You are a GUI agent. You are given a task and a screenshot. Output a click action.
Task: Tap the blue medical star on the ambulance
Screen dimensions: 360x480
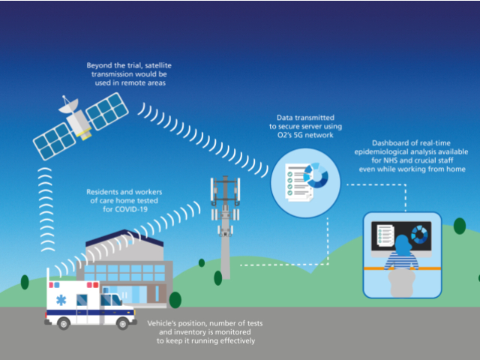click(x=61, y=301)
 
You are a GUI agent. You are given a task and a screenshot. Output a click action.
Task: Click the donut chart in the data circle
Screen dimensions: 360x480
click(x=315, y=176)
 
